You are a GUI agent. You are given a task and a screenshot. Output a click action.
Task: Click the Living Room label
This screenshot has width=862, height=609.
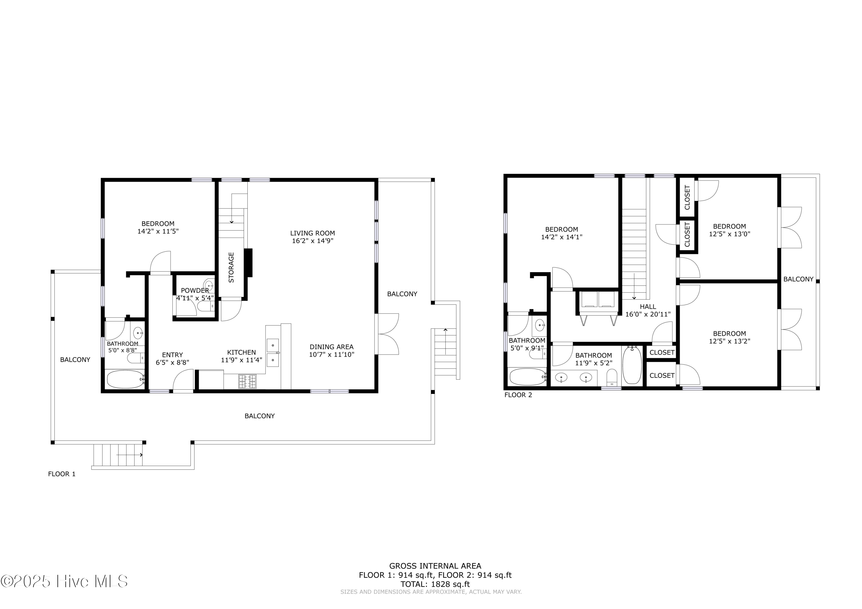tap(312, 233)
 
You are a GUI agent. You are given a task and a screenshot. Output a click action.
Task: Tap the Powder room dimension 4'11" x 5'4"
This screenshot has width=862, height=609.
tap(195, 298)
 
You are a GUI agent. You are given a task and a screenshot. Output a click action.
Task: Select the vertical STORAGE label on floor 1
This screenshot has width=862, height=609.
tap(231, 267)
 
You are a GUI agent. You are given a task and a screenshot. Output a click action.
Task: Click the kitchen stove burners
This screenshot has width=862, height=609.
tap(247, 382)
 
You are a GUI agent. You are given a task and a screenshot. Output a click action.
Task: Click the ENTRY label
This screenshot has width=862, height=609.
tap(172, 355)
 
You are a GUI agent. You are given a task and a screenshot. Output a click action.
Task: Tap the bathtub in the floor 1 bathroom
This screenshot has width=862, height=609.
tap(125, 379)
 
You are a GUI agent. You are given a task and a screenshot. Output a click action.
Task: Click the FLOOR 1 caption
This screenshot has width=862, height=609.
tap(61, 474)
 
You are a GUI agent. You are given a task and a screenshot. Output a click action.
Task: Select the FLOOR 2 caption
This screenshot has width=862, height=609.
tap(518, 395)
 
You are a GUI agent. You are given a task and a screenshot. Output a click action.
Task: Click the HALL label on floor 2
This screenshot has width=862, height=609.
tap(648, 307)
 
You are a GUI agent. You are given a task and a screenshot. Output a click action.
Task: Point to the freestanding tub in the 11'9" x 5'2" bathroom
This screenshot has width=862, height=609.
tap(632, 365)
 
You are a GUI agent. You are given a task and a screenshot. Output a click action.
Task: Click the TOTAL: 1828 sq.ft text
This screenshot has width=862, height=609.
tap(435, 584)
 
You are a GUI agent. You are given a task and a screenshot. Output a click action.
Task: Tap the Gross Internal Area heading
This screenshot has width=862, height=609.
tap(435, 566)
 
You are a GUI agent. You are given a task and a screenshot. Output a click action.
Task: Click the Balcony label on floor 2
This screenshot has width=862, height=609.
tap(798, 279)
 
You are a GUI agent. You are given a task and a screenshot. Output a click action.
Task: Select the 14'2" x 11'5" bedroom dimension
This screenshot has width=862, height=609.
tap(158, 231)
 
